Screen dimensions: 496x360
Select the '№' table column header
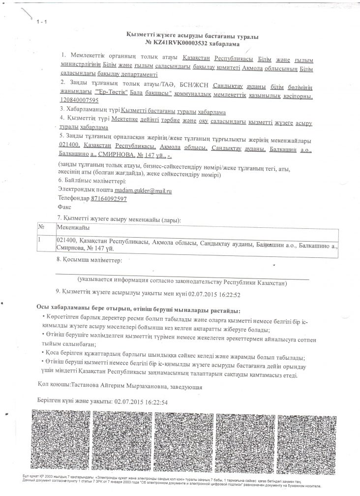point(42,228)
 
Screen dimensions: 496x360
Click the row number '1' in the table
point(41,240)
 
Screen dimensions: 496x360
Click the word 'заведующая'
point(186,385)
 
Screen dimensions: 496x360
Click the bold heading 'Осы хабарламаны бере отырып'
point(92,310)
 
